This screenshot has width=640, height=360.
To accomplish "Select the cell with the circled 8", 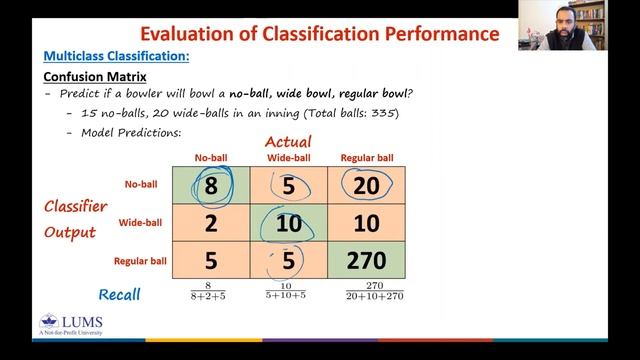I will tap(211, 186).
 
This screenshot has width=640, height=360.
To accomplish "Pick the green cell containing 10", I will tap(289, 224).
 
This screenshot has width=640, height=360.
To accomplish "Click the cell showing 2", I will tap(211, 224).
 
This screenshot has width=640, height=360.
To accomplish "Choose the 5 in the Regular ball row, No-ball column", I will tap(211, 262).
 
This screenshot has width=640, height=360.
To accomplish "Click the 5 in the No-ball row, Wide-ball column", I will tap(289, 186).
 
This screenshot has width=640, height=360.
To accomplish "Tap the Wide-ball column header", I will tap(288, 158).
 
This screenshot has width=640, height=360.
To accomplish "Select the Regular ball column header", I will tap(367, 158).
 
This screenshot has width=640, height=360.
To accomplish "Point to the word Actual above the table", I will tap(288, 141).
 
